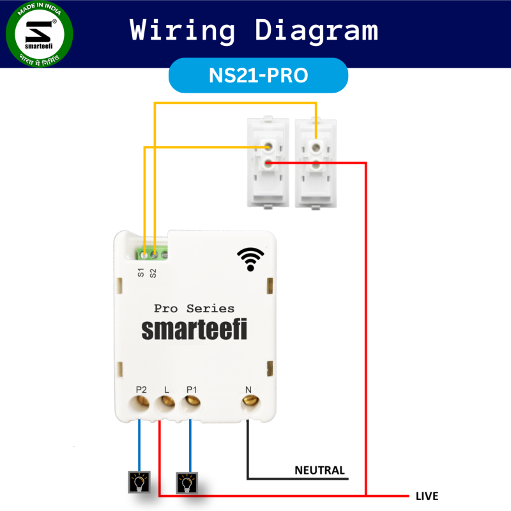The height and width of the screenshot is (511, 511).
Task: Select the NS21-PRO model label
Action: coord(258,75)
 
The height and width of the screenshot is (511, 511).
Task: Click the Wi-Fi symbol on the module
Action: coord(250,259)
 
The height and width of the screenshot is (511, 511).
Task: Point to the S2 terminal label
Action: coord(153,273)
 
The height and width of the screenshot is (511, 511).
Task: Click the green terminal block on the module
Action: coord(154,254)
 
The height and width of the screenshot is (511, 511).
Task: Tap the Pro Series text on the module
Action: coord(194,309)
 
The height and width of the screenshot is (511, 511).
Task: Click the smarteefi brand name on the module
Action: coord(194,330)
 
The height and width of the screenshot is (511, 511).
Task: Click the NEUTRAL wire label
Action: coord(319,471)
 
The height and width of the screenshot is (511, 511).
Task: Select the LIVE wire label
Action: coord(427,496)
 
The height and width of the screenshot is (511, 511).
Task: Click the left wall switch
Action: coord(268,163)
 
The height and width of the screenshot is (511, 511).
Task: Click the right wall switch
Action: coord(316,163)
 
